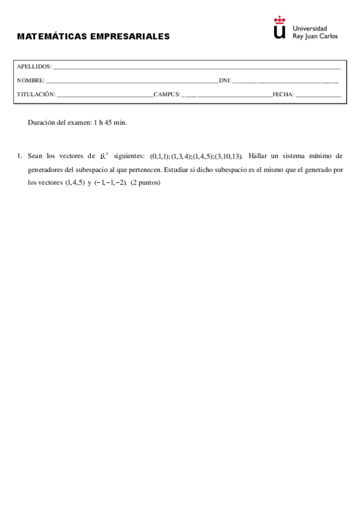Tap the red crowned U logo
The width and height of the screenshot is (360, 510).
[x=279, y=29]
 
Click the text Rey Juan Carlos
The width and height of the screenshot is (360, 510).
[x=314, y=36]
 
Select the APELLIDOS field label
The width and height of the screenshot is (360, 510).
[x=34, y=67]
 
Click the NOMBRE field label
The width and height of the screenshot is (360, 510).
[x=31, y=81]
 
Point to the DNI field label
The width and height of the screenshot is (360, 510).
[x=225, y=81]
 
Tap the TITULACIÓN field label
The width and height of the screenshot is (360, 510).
[x=36, y=94]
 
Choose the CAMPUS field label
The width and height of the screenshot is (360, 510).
[x=166, y=94]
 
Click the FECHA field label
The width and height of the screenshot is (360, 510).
[x=282, y=94]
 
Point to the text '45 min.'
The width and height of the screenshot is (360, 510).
[x=117, y=122]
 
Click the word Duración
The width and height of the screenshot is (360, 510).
[x=42, y=122]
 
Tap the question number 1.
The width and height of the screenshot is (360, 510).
[x=20, y=156]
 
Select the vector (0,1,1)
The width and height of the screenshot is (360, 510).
[x=159, y=156]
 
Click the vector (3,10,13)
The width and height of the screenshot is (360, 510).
[x=228, y=156]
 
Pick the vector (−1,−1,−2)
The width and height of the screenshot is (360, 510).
[x=110, y=183]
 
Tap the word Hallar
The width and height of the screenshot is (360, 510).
[x=257, y=156]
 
